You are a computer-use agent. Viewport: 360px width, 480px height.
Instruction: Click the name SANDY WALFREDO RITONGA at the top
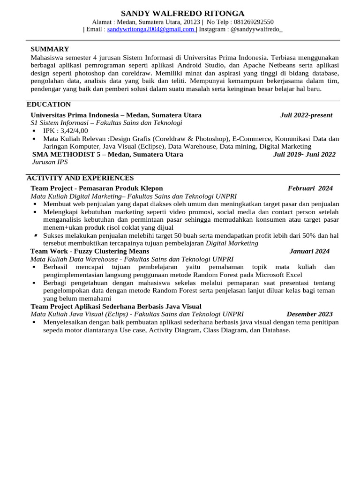click(x=182, y=13)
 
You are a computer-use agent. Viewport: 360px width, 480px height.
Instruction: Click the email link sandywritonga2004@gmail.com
click(x=151, y=29)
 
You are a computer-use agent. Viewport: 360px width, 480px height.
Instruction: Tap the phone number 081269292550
click(x=253, y=22)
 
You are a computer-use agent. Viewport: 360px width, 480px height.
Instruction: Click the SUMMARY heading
click(x=50, y=49)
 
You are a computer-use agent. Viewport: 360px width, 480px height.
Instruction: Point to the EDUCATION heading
click(x=49, y=105)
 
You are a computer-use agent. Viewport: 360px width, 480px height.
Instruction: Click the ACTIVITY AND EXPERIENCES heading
click(x=80, y=178)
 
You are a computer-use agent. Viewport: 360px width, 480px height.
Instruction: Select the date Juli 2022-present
click(x=306, y=115)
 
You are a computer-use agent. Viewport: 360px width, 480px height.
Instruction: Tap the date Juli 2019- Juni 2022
click(x=304, y=154)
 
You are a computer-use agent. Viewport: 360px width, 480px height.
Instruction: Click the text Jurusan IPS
click(x=50, y=162)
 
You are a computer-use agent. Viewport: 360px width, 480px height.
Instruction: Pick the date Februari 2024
click(x=310, y=188)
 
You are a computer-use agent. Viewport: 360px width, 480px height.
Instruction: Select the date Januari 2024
click(x=309, y=251)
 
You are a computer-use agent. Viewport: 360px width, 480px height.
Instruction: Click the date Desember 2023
click(x=309, y=314)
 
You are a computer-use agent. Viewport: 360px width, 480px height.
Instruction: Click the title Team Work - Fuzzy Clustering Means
click(x=90, y=251)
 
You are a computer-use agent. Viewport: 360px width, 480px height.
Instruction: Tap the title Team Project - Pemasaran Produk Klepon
click(x=97, y=188)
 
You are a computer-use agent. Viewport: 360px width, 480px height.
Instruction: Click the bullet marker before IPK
click(x=34, y=131)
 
